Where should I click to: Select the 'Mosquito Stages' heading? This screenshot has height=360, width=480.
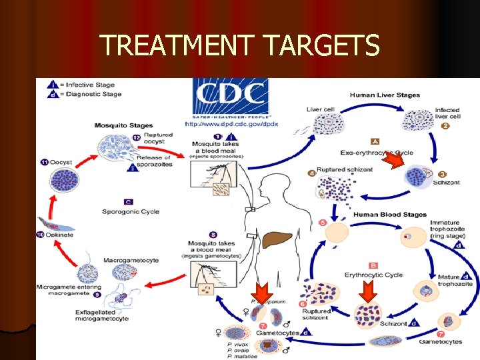point(123,125)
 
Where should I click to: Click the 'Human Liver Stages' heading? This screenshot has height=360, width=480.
point(385,95)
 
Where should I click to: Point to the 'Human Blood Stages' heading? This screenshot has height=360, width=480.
point(389,215)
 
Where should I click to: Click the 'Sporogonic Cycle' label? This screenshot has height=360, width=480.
point(131,211)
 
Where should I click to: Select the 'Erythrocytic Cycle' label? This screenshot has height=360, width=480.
point(374,275)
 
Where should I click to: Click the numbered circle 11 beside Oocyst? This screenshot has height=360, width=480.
point(44,163)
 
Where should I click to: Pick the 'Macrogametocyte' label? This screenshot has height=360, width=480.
point(131,260)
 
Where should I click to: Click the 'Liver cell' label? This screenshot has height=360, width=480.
point(320,109)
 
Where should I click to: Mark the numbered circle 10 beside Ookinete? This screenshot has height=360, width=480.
point(39,235)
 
